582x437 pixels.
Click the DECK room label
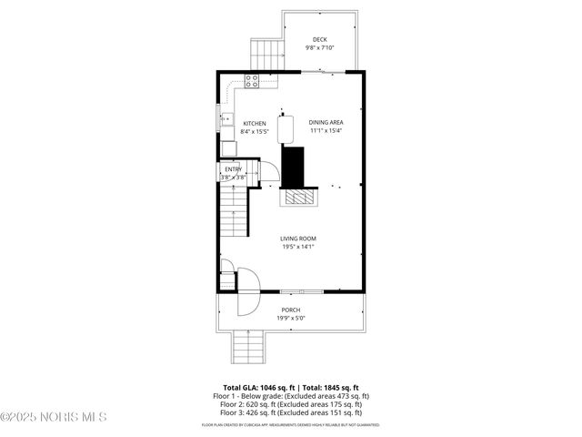[319, 39]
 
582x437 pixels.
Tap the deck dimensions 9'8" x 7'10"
[319, 47]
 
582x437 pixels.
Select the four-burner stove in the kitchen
[252, 81]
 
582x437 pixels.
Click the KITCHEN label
[254, 123]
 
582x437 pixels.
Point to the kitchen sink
[226, 118]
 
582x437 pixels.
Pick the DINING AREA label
[326, 122]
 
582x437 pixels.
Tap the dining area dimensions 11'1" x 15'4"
[326, 130]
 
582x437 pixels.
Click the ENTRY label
[234, 168]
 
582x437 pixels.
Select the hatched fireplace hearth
[298, 198]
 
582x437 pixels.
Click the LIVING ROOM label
[298, 239]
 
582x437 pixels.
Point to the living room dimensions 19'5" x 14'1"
[298, 247]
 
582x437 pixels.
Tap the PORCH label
[290, 310]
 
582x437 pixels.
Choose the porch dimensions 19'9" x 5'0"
[290, 318]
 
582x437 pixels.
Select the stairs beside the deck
[266, 55]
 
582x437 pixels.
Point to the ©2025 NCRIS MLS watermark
[54, 417]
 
